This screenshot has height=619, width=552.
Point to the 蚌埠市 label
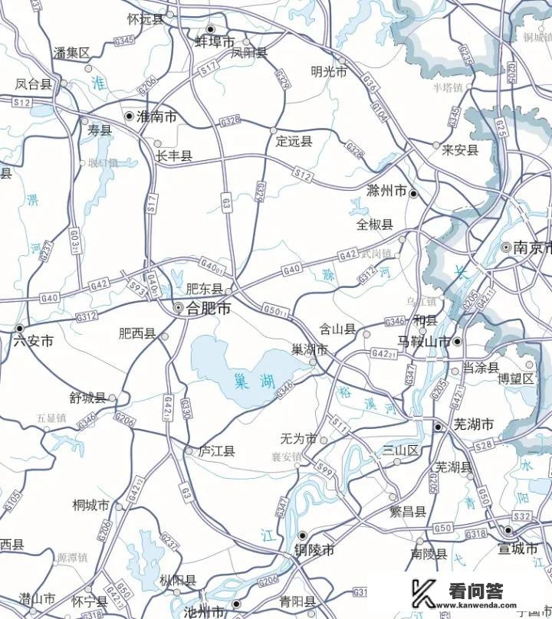[215, 42]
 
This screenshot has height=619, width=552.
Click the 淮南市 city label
[156, 116]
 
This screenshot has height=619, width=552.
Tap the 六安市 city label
[34, 342]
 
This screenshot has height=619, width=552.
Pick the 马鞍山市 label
[424, 342]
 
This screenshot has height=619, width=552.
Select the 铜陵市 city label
[314, 550]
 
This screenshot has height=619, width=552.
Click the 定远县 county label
[294, 141]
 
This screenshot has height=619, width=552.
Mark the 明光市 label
[329, 71]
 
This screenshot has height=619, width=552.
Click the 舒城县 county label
[87, 398]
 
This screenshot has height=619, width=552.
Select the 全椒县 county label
[375, 224]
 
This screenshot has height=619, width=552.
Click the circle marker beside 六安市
[19, 328]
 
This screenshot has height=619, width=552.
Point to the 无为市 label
[299, 439]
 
